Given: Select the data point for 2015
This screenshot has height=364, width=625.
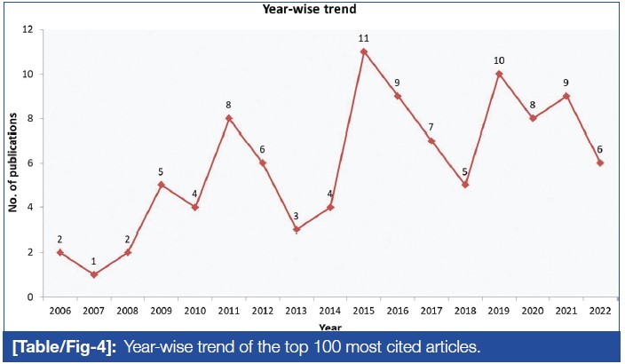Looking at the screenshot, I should click(x=364, y=51).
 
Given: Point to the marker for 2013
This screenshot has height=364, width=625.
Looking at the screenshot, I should click(x=295, y=229).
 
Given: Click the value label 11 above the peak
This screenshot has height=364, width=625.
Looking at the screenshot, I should click(x=364, y=39).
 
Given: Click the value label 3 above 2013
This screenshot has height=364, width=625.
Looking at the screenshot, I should click(x=295, y=217).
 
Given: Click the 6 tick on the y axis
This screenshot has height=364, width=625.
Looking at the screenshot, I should click(x=29, y=163).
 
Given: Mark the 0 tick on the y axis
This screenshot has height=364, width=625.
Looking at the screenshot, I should click(x=29, y=297).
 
